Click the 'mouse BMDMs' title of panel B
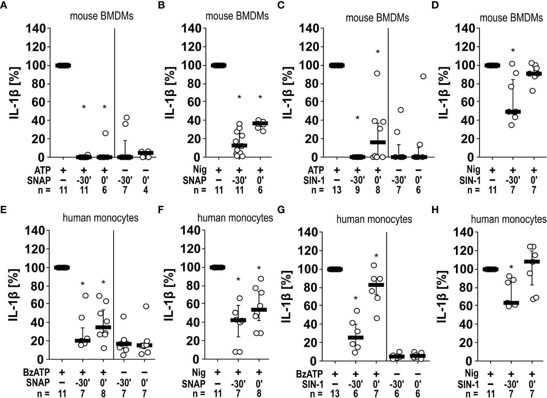pos(237,16)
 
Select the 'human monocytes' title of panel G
pos(374,219)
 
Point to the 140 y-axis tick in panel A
pos(36,29)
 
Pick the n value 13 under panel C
pos(337,190)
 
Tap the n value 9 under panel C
pos(357,190)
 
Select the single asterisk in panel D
pos(513,51)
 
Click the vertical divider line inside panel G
pos(387,295)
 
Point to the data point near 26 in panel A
pos(105,133)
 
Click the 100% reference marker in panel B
pos(218,65)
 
